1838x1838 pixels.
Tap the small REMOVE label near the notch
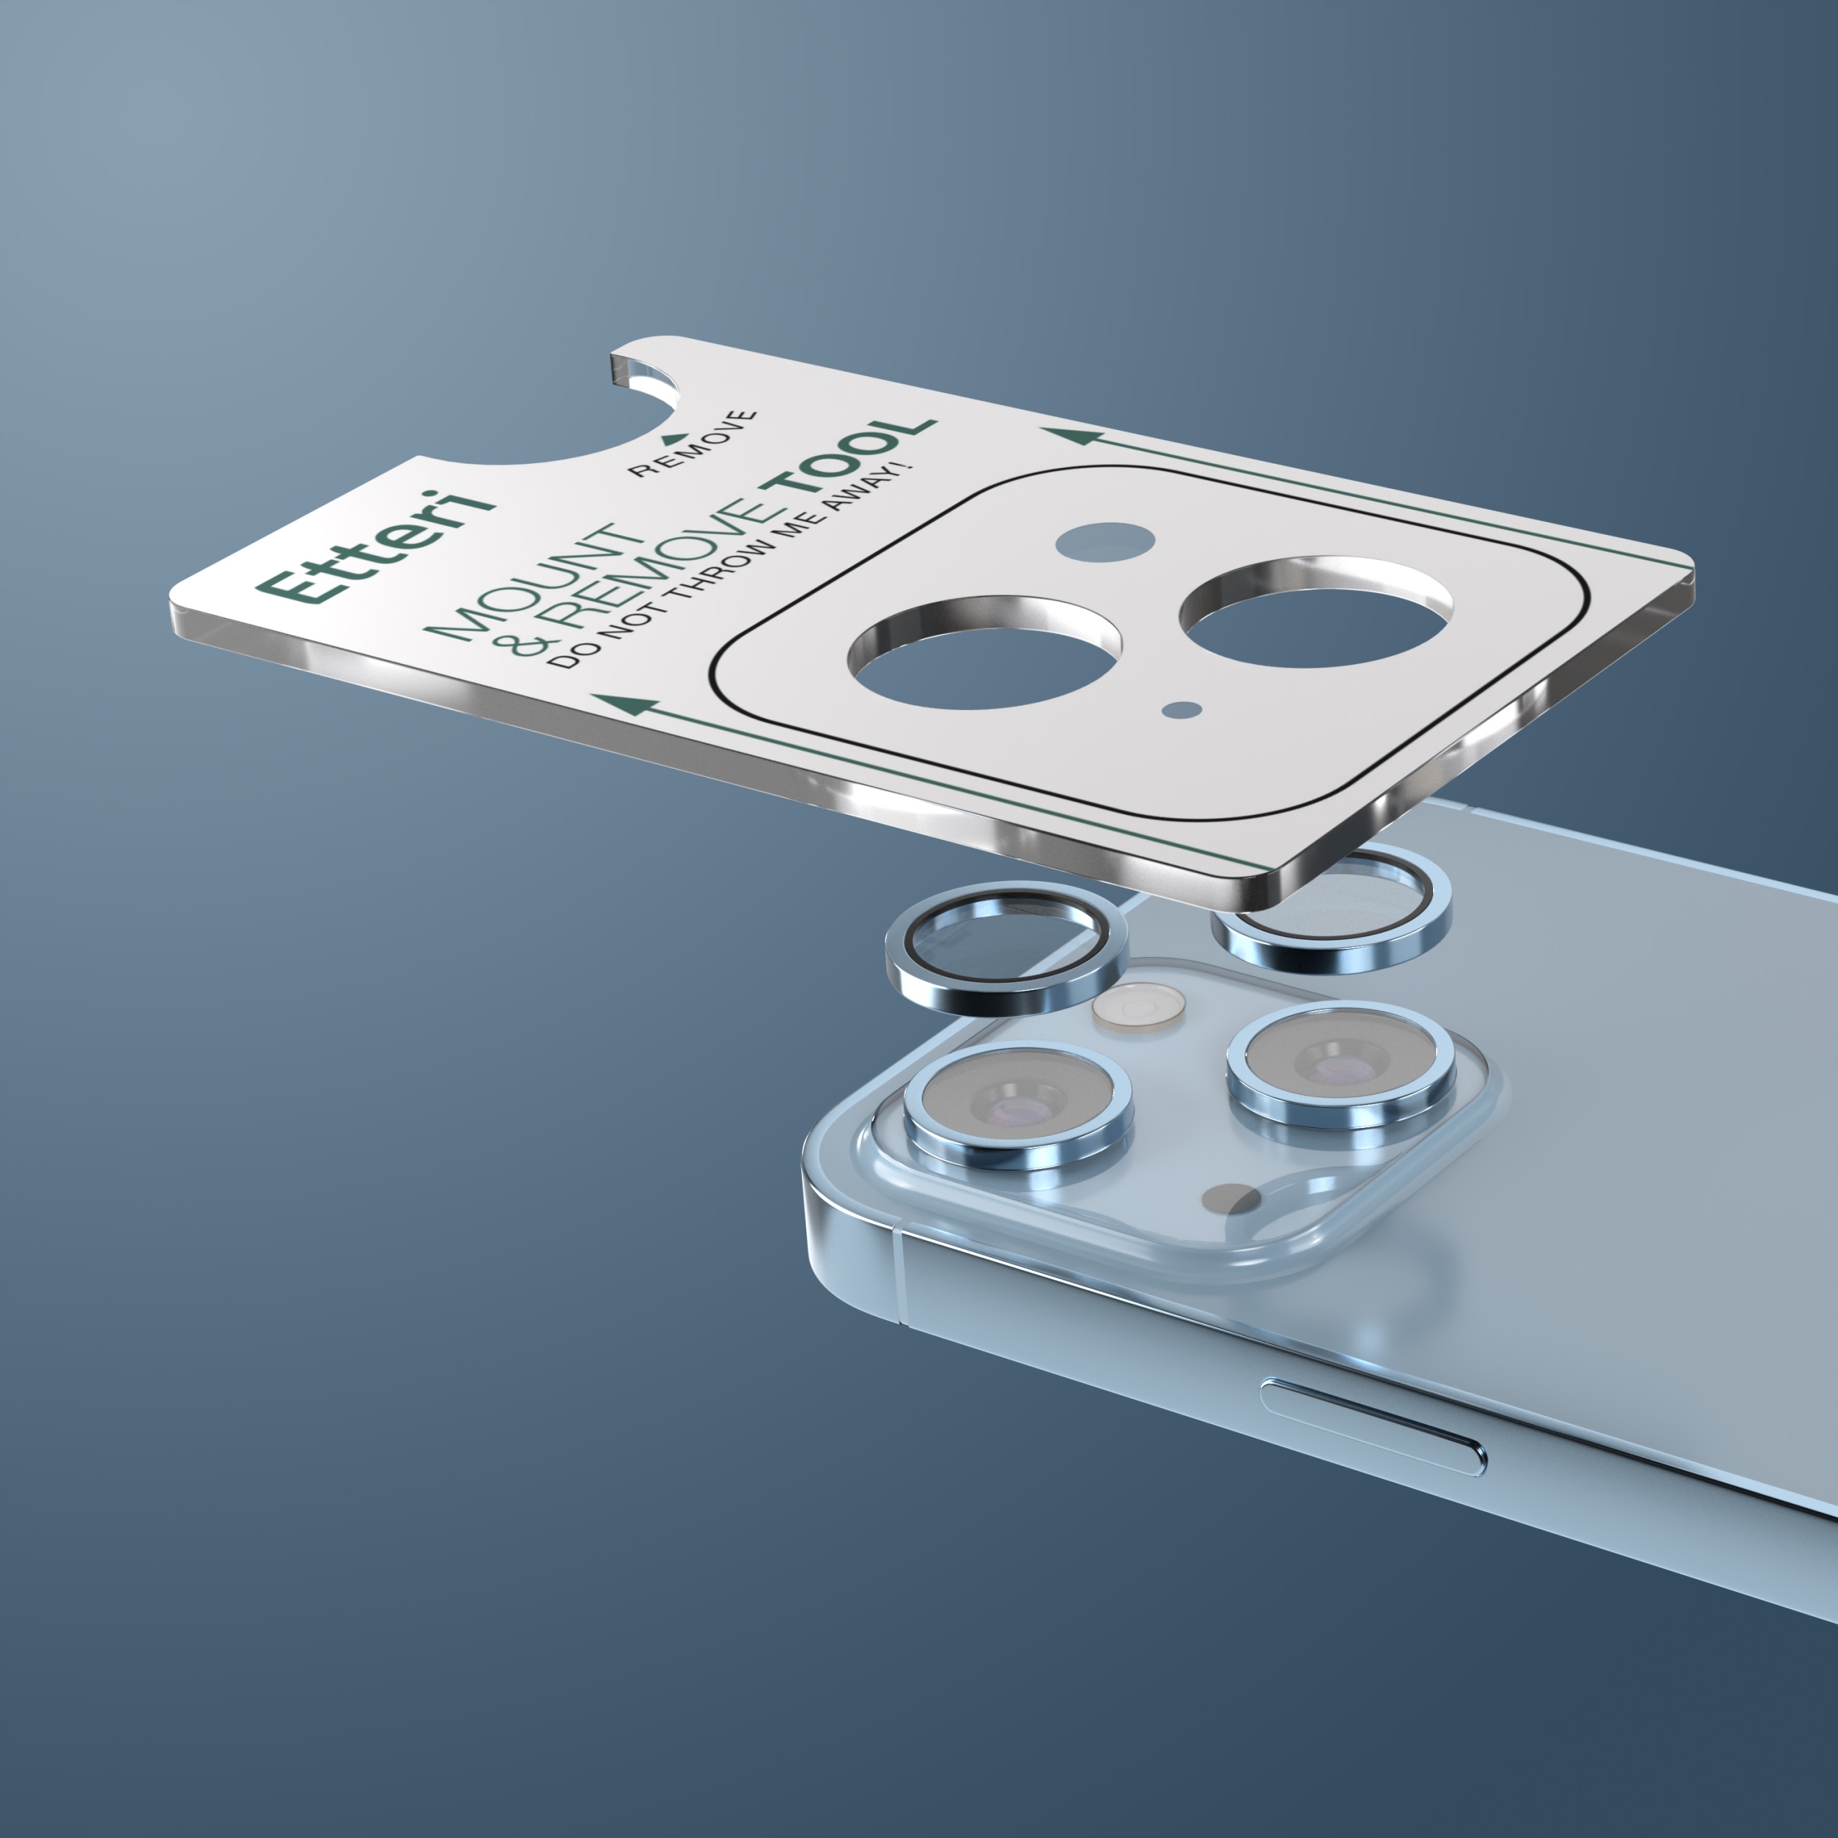694,444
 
